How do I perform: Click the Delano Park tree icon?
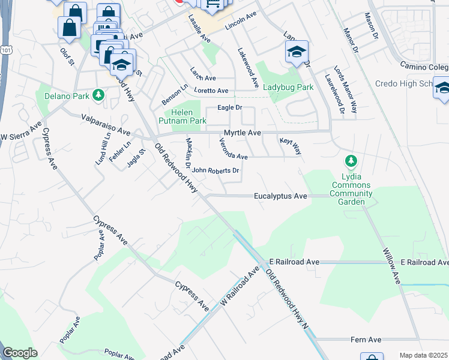pos(98,95)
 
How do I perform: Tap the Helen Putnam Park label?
pos(185,117)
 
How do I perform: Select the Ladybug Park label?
pos(288,88)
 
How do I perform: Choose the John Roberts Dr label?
pos(215,170)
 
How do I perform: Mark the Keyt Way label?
pos(290,146)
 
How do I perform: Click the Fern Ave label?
pos(366,340)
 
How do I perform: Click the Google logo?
pos(20,353)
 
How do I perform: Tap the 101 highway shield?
pos(2,46)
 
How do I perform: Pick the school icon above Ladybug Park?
pos(297,52)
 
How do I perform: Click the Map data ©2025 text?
pos(423,355)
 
